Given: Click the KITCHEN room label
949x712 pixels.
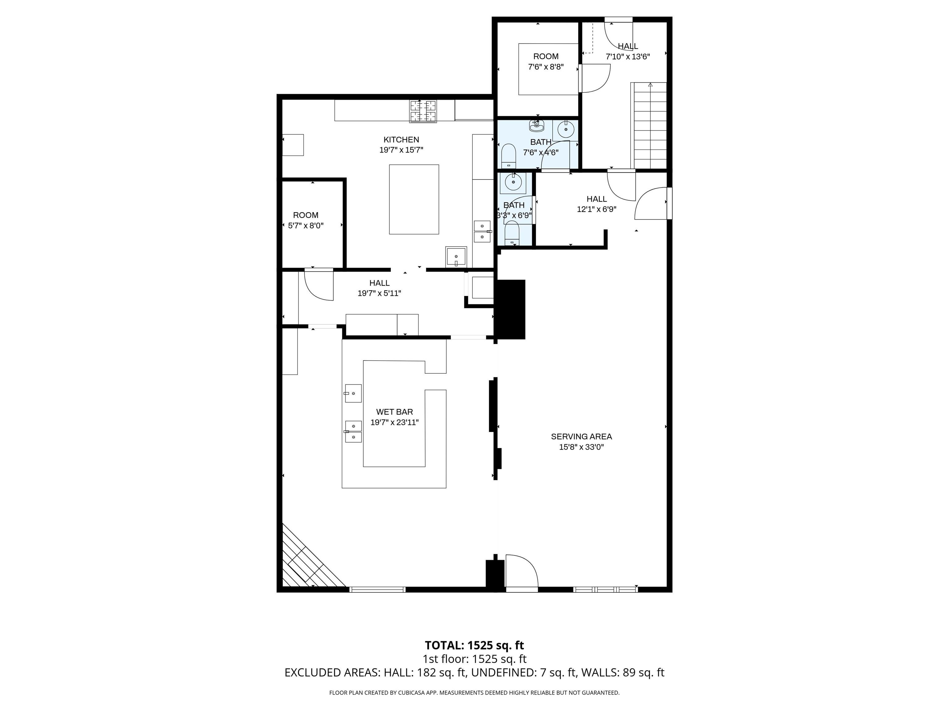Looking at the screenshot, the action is (401, 139).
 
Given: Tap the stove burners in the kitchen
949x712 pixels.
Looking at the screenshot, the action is (423, 111).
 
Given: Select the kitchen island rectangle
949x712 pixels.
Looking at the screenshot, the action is (414, 200).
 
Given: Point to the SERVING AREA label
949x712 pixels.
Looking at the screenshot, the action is (581, 436).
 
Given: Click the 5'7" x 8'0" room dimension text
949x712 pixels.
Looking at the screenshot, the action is (306, 225).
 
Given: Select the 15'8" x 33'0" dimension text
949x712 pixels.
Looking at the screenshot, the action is (581, 447).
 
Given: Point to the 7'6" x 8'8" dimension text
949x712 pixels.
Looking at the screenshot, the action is (546, 67).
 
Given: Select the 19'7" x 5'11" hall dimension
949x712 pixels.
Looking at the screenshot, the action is (379, 294).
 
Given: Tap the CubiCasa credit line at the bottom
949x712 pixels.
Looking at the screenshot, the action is (474, 693).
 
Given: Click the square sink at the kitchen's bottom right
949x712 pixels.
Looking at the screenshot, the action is (456, 256).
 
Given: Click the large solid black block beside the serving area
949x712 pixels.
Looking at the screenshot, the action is (511, 309).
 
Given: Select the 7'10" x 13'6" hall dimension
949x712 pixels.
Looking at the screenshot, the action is (628, 57).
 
